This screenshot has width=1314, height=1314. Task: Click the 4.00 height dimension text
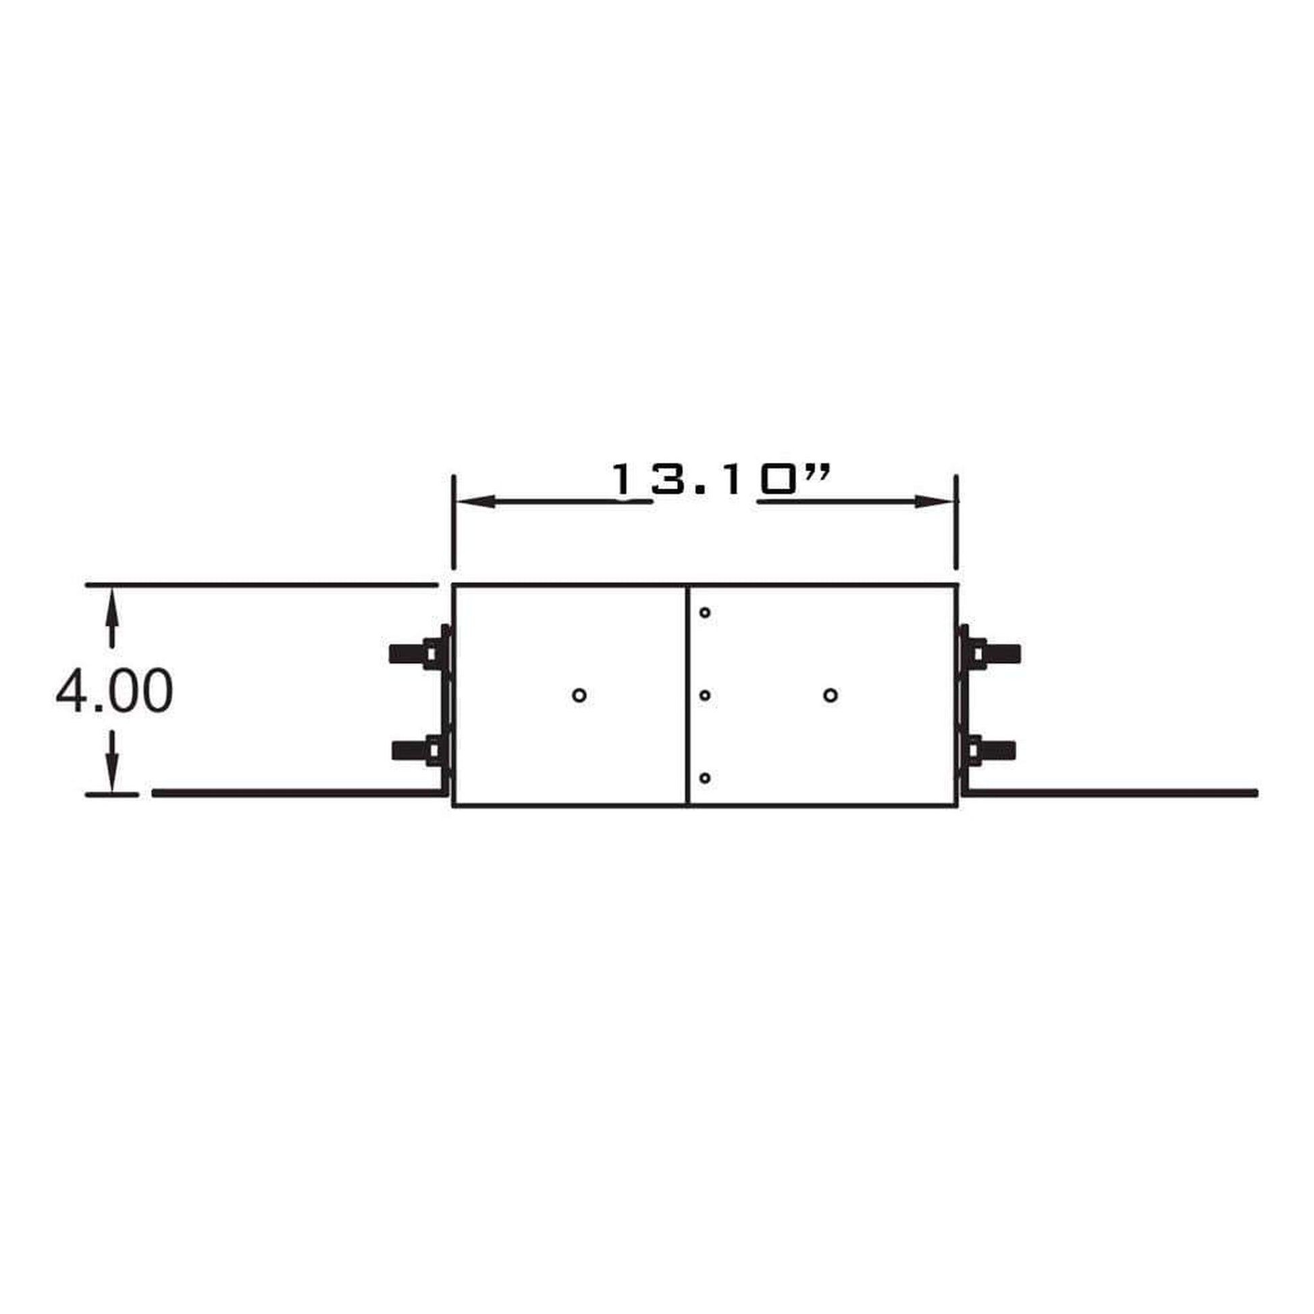(x=114, y=691)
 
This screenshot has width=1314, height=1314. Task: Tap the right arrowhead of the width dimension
(x=935, y=502)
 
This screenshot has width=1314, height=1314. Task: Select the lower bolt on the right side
(x=992, y=750)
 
